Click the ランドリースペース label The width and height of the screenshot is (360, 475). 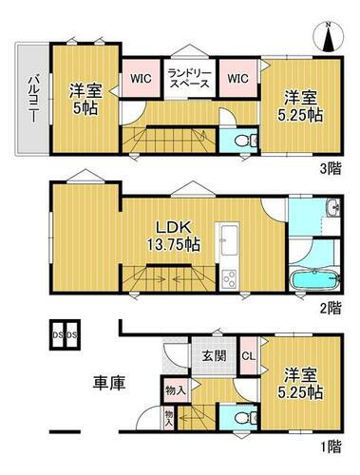tap(189, 77)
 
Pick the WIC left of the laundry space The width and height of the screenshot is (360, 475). tap(139, 77)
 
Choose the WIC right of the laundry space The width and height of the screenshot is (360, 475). tap(238, 77)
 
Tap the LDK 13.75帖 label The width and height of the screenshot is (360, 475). tap(178, 235)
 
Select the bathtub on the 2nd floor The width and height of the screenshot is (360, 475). tap(311, 281)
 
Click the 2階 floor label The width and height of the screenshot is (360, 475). tap(329, 309)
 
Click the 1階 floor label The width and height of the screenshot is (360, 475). tap(329, 446)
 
